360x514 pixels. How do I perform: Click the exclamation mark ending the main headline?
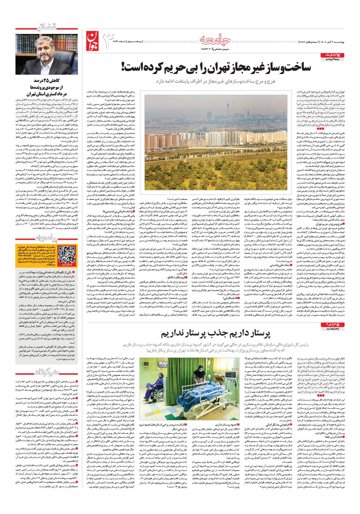click(x=124, y=67)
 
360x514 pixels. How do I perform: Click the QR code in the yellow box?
click(x=66, y=254)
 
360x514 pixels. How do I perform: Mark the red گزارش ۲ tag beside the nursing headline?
click(x=332, y=324)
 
